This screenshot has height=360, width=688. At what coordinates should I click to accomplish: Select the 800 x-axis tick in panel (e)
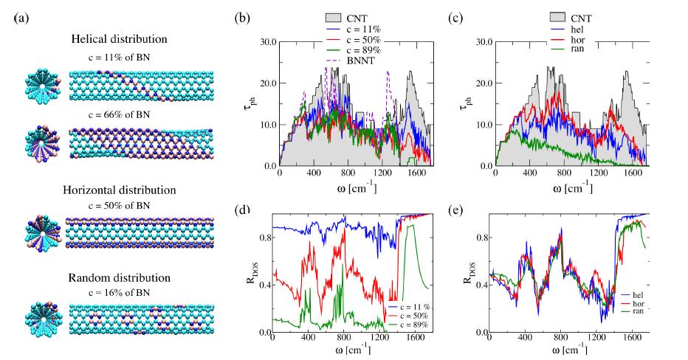[560, 342]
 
